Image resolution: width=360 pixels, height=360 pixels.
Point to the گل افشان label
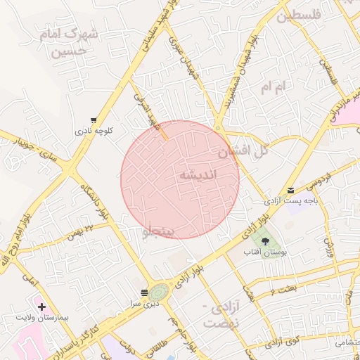(243, 150)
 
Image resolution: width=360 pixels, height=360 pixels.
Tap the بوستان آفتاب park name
(262, 252)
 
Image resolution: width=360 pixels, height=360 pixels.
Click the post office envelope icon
(291, 190)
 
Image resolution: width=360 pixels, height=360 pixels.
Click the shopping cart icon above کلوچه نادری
(94, 120)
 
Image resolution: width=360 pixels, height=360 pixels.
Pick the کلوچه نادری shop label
(94, 131)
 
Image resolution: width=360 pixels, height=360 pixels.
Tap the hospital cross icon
(42, 307)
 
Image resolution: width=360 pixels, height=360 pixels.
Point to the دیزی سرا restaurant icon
(144, 292)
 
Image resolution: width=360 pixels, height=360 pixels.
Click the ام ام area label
(274, 87)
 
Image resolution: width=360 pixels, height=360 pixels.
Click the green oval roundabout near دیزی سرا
(160, 290)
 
